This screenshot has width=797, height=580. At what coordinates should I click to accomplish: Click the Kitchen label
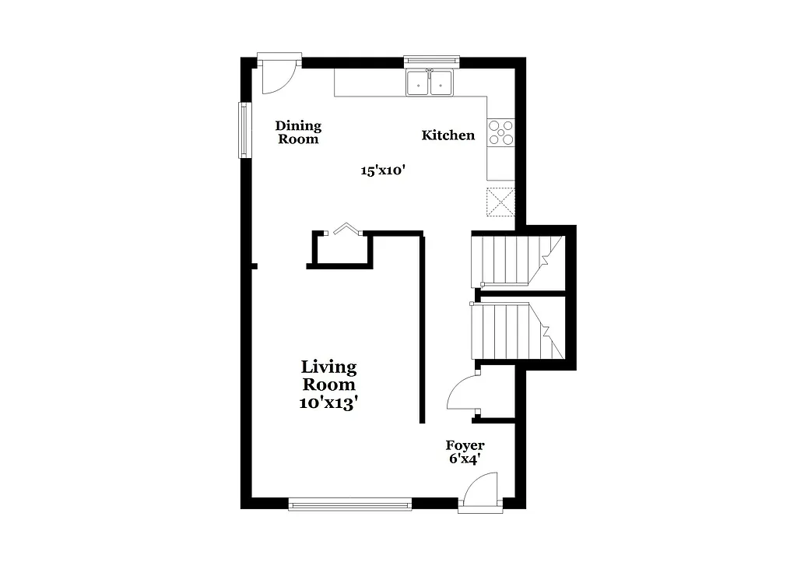click(x=448, y=135)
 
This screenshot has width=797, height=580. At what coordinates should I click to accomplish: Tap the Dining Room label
click(x=298, y=132)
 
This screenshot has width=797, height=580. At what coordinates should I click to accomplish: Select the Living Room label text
click(x=328, y=375)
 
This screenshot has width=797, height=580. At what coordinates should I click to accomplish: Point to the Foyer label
click(x=465, y=445)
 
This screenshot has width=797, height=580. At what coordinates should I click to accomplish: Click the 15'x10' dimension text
click(x=384, y=171)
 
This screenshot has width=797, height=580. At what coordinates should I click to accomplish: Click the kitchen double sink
click(x=430, y=82)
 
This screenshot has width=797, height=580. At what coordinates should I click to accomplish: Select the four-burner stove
click(x=500, y=132)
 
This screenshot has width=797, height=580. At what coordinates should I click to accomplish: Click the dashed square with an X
click(x=500, y=201)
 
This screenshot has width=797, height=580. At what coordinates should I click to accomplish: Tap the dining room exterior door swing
click(x=276, y=76)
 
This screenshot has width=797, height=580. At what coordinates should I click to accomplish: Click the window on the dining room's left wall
click(x=244, y=130)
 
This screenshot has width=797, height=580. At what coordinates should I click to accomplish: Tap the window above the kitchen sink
click(x=430, y=60)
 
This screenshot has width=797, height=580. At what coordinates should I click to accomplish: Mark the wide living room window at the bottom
click(x=349, y=504)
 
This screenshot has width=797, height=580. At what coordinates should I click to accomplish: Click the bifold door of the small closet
click(x=345, y=230)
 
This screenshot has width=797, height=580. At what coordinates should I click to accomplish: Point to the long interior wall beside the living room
click(x=423, y=327)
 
